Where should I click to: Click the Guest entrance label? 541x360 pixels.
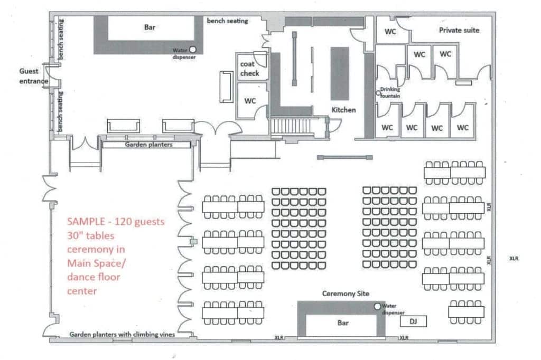[33, 76]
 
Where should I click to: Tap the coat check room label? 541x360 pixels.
[249, 69]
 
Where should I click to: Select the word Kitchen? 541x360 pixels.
[343, 110]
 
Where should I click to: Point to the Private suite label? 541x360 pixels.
[459, 30]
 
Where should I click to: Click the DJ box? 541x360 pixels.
[413, 321]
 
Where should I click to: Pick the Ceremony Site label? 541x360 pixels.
[346, 294]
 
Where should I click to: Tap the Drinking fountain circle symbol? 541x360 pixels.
[378, 93]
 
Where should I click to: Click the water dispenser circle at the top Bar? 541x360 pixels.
[192, 50]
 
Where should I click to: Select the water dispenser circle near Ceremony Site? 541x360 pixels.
[377, 306]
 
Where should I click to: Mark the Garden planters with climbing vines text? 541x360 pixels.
[122, 335]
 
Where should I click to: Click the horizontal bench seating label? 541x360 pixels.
[227, 21]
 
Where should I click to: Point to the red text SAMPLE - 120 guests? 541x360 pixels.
[116, 222]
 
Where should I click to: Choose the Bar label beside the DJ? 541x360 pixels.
[342, 323]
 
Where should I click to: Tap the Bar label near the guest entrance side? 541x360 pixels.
[150, 27]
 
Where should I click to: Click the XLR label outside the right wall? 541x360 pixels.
[514, 258]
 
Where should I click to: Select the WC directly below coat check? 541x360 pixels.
[250, 101]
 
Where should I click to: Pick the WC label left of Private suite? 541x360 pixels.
[390, 32]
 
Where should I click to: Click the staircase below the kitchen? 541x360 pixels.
[291, 126]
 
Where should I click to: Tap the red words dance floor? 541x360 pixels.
[94, 277]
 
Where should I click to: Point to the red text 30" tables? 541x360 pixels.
[90, 236]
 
